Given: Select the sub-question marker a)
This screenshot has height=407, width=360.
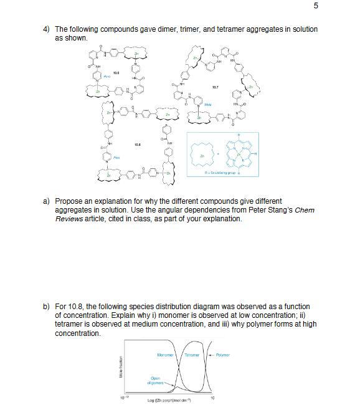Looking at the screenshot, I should pos(47,201).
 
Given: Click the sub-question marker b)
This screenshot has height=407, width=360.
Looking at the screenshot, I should pos(47,307).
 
